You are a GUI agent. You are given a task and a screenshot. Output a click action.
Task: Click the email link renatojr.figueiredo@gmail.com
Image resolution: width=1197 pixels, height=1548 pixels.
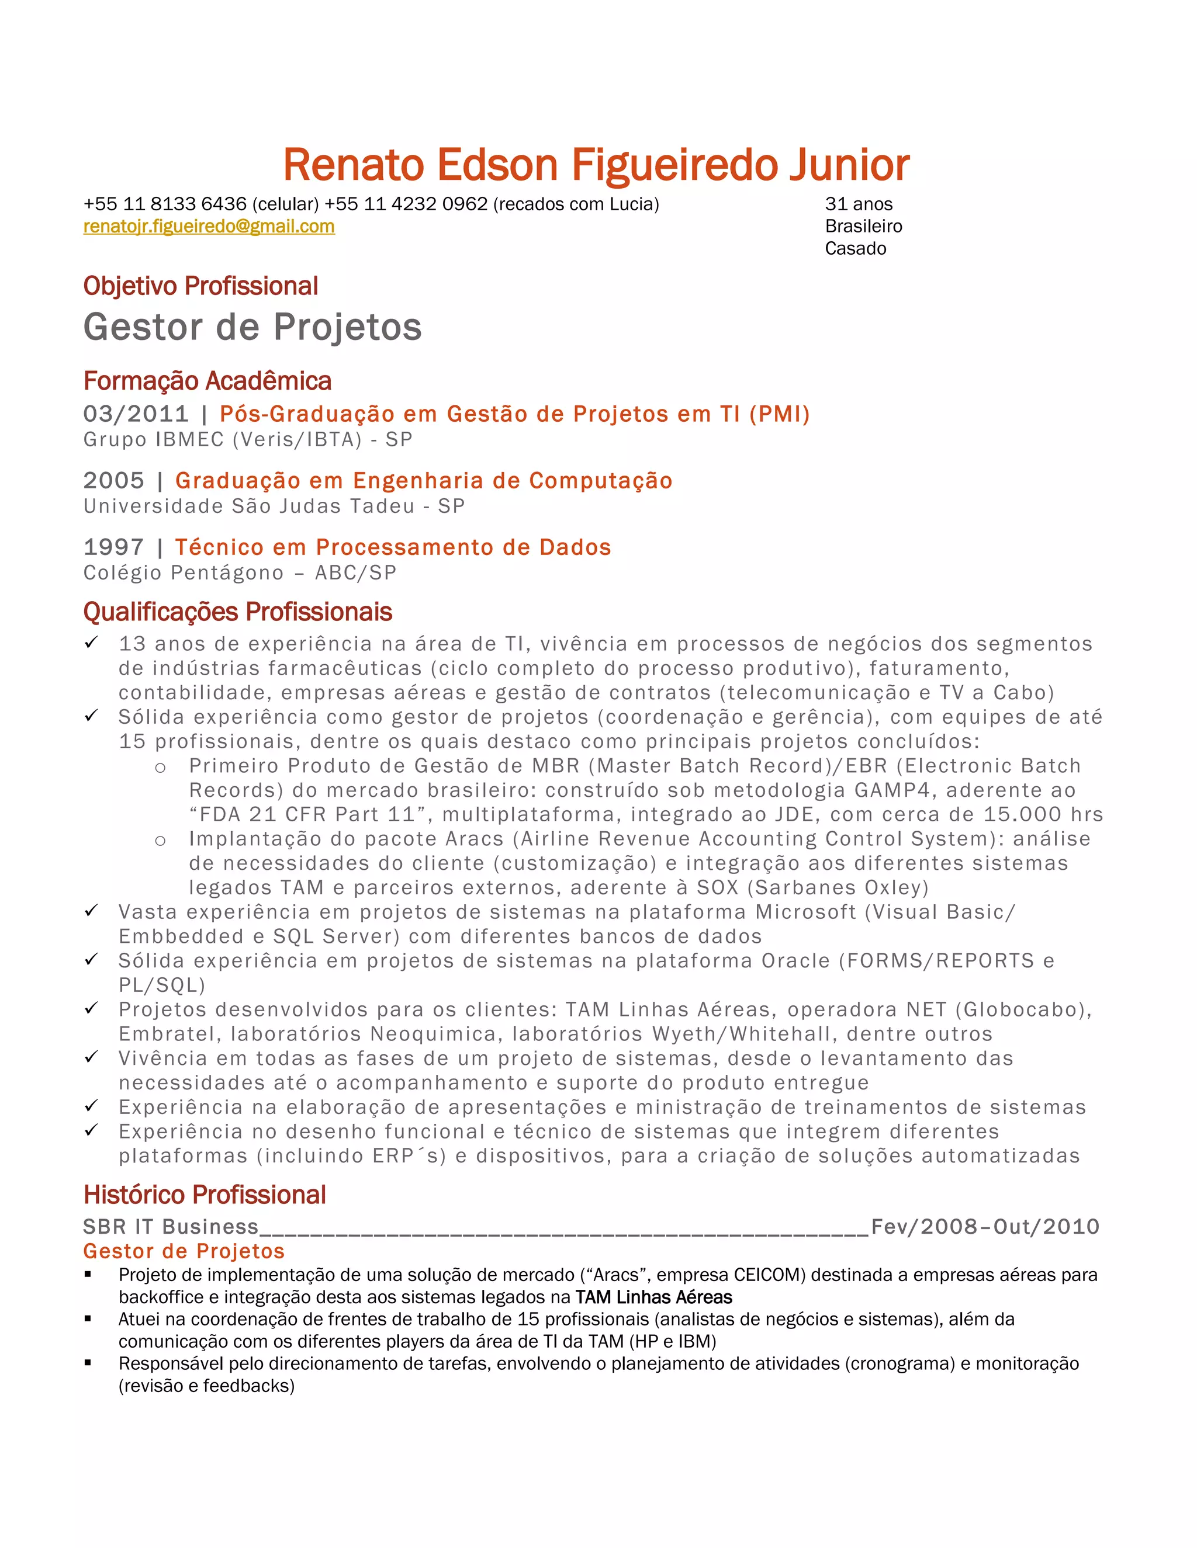click(x=209, y=226)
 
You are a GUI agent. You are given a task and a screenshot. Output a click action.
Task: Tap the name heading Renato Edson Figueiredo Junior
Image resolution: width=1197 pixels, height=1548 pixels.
click(x=596, y=165)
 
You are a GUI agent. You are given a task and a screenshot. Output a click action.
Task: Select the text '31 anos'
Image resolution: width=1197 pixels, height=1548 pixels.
click(x=858, y=204)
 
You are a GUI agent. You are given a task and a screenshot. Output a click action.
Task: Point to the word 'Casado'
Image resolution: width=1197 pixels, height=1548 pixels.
click(x=855, y=249)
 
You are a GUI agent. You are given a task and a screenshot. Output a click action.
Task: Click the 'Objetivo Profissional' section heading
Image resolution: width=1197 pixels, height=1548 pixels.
click(x=200, y=286)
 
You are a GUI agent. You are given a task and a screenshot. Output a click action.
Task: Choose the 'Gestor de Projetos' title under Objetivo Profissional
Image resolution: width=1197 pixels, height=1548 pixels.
click(x=252, y=328)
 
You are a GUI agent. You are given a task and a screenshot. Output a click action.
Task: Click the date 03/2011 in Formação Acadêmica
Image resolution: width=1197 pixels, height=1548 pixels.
click(x=136, y=414)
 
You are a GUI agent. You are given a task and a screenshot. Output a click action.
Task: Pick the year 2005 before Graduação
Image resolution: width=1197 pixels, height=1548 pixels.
click(x=113, y=481)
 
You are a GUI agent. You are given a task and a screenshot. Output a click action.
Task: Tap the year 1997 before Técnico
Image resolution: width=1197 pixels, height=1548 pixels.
click(x=113, y=547)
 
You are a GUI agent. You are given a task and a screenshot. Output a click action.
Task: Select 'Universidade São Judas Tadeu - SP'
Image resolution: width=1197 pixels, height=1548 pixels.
click(x=274, y=506)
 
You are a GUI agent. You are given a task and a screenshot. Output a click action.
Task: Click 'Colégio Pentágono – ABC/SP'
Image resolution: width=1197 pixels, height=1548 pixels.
click(x=240, y=572)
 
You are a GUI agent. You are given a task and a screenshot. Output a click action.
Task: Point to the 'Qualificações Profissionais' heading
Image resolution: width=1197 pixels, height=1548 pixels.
click(x=237, y=612)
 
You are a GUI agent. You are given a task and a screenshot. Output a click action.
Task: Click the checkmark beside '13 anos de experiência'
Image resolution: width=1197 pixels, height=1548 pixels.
click(x=91, y=642)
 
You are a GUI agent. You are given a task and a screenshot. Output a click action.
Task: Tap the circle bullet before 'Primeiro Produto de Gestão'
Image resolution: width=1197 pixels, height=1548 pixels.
click(x=160, y=768)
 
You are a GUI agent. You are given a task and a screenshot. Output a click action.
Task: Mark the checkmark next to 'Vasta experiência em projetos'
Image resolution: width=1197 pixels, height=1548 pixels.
click(x=91, y=910)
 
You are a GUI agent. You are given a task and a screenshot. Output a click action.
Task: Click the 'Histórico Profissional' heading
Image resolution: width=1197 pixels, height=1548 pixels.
click(x=204, y=1195)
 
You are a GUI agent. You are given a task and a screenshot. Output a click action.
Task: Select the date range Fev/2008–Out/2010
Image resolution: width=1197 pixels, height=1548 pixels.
click(x=985, y=1227)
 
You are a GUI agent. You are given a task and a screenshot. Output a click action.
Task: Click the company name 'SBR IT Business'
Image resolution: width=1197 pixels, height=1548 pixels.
click(x=171, y=1227)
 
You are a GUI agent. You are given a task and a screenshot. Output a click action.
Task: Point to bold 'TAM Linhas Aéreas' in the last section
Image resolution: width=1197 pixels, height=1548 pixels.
click(x=654, y=1297)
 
